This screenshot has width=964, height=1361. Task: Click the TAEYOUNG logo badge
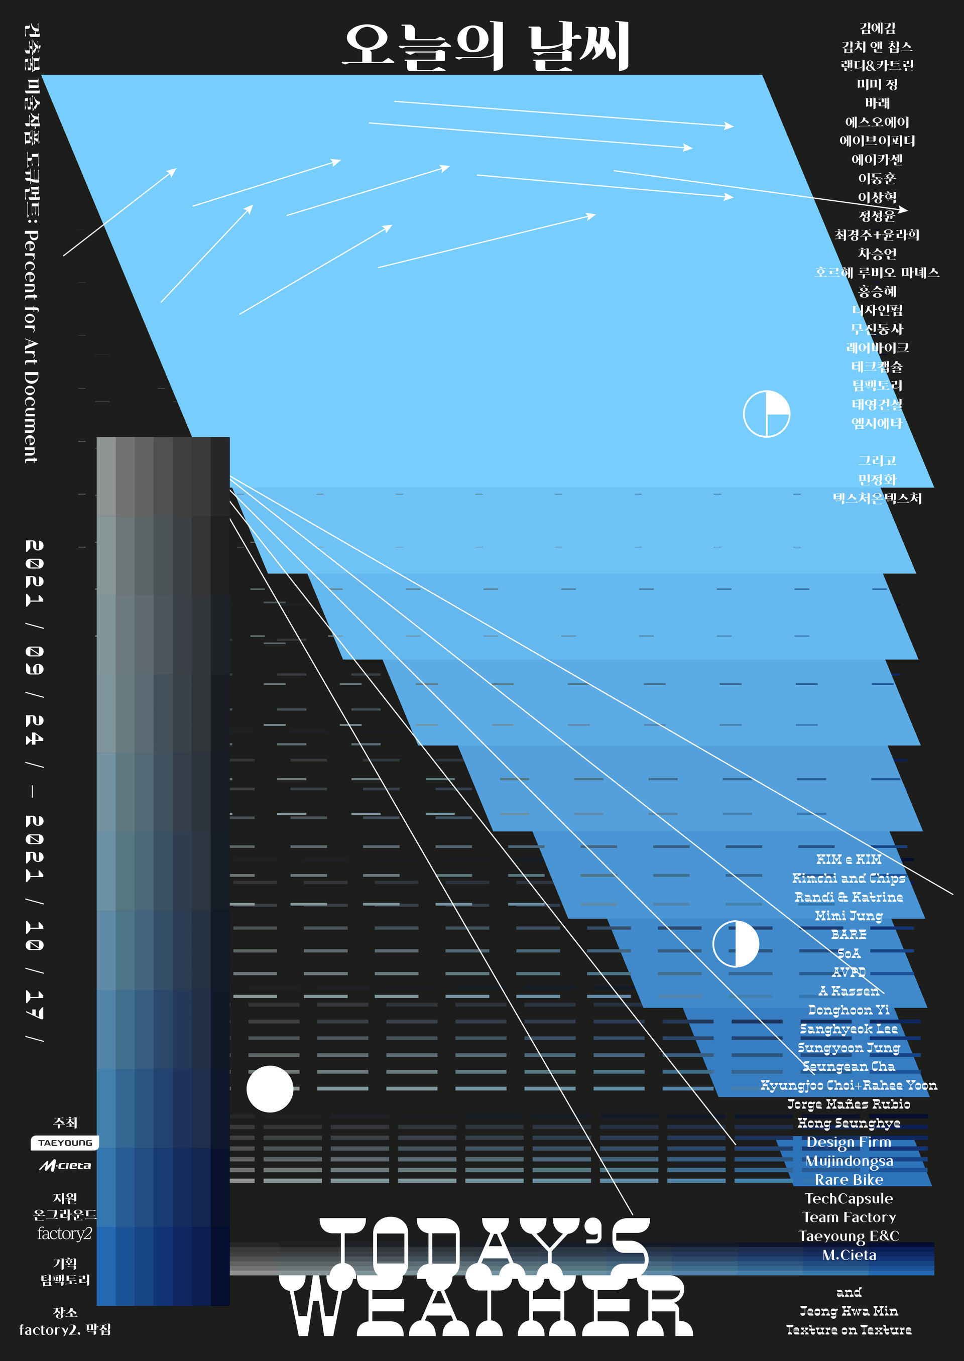pyautogui.click(x=65, y=1143)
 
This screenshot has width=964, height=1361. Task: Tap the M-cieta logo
pyautogui.click(x=65, y=1165)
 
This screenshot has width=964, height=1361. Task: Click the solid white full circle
pyautogui.click(x=270, y=1088)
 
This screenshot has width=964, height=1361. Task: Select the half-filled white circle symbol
pyautogui.click(x=736, y=944)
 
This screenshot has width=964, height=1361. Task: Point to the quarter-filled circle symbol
pyautogui.click(x=766, y=414)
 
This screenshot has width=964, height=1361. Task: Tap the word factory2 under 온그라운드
pyautogui.click(x=64, y=1233)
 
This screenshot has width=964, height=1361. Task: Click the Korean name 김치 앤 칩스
pyautogui.click(x=876, y=46)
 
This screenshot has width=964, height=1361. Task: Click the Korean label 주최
pyautogui.click(x=65, y=1123)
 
